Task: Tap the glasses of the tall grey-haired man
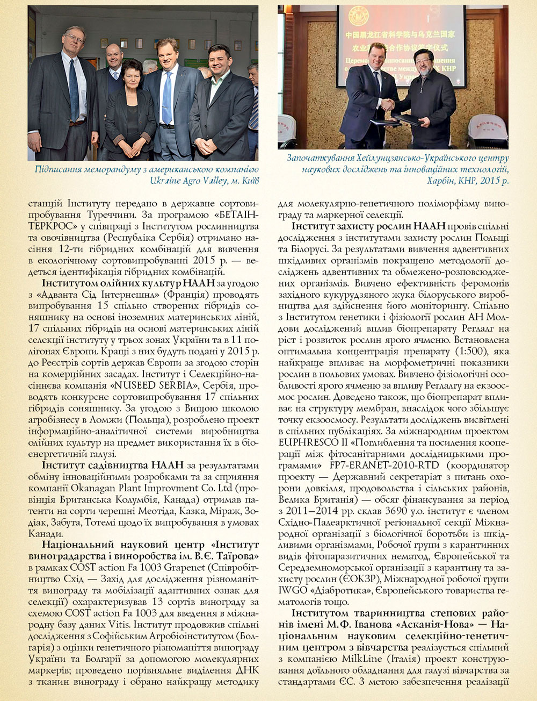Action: click(x=74, y=39)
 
